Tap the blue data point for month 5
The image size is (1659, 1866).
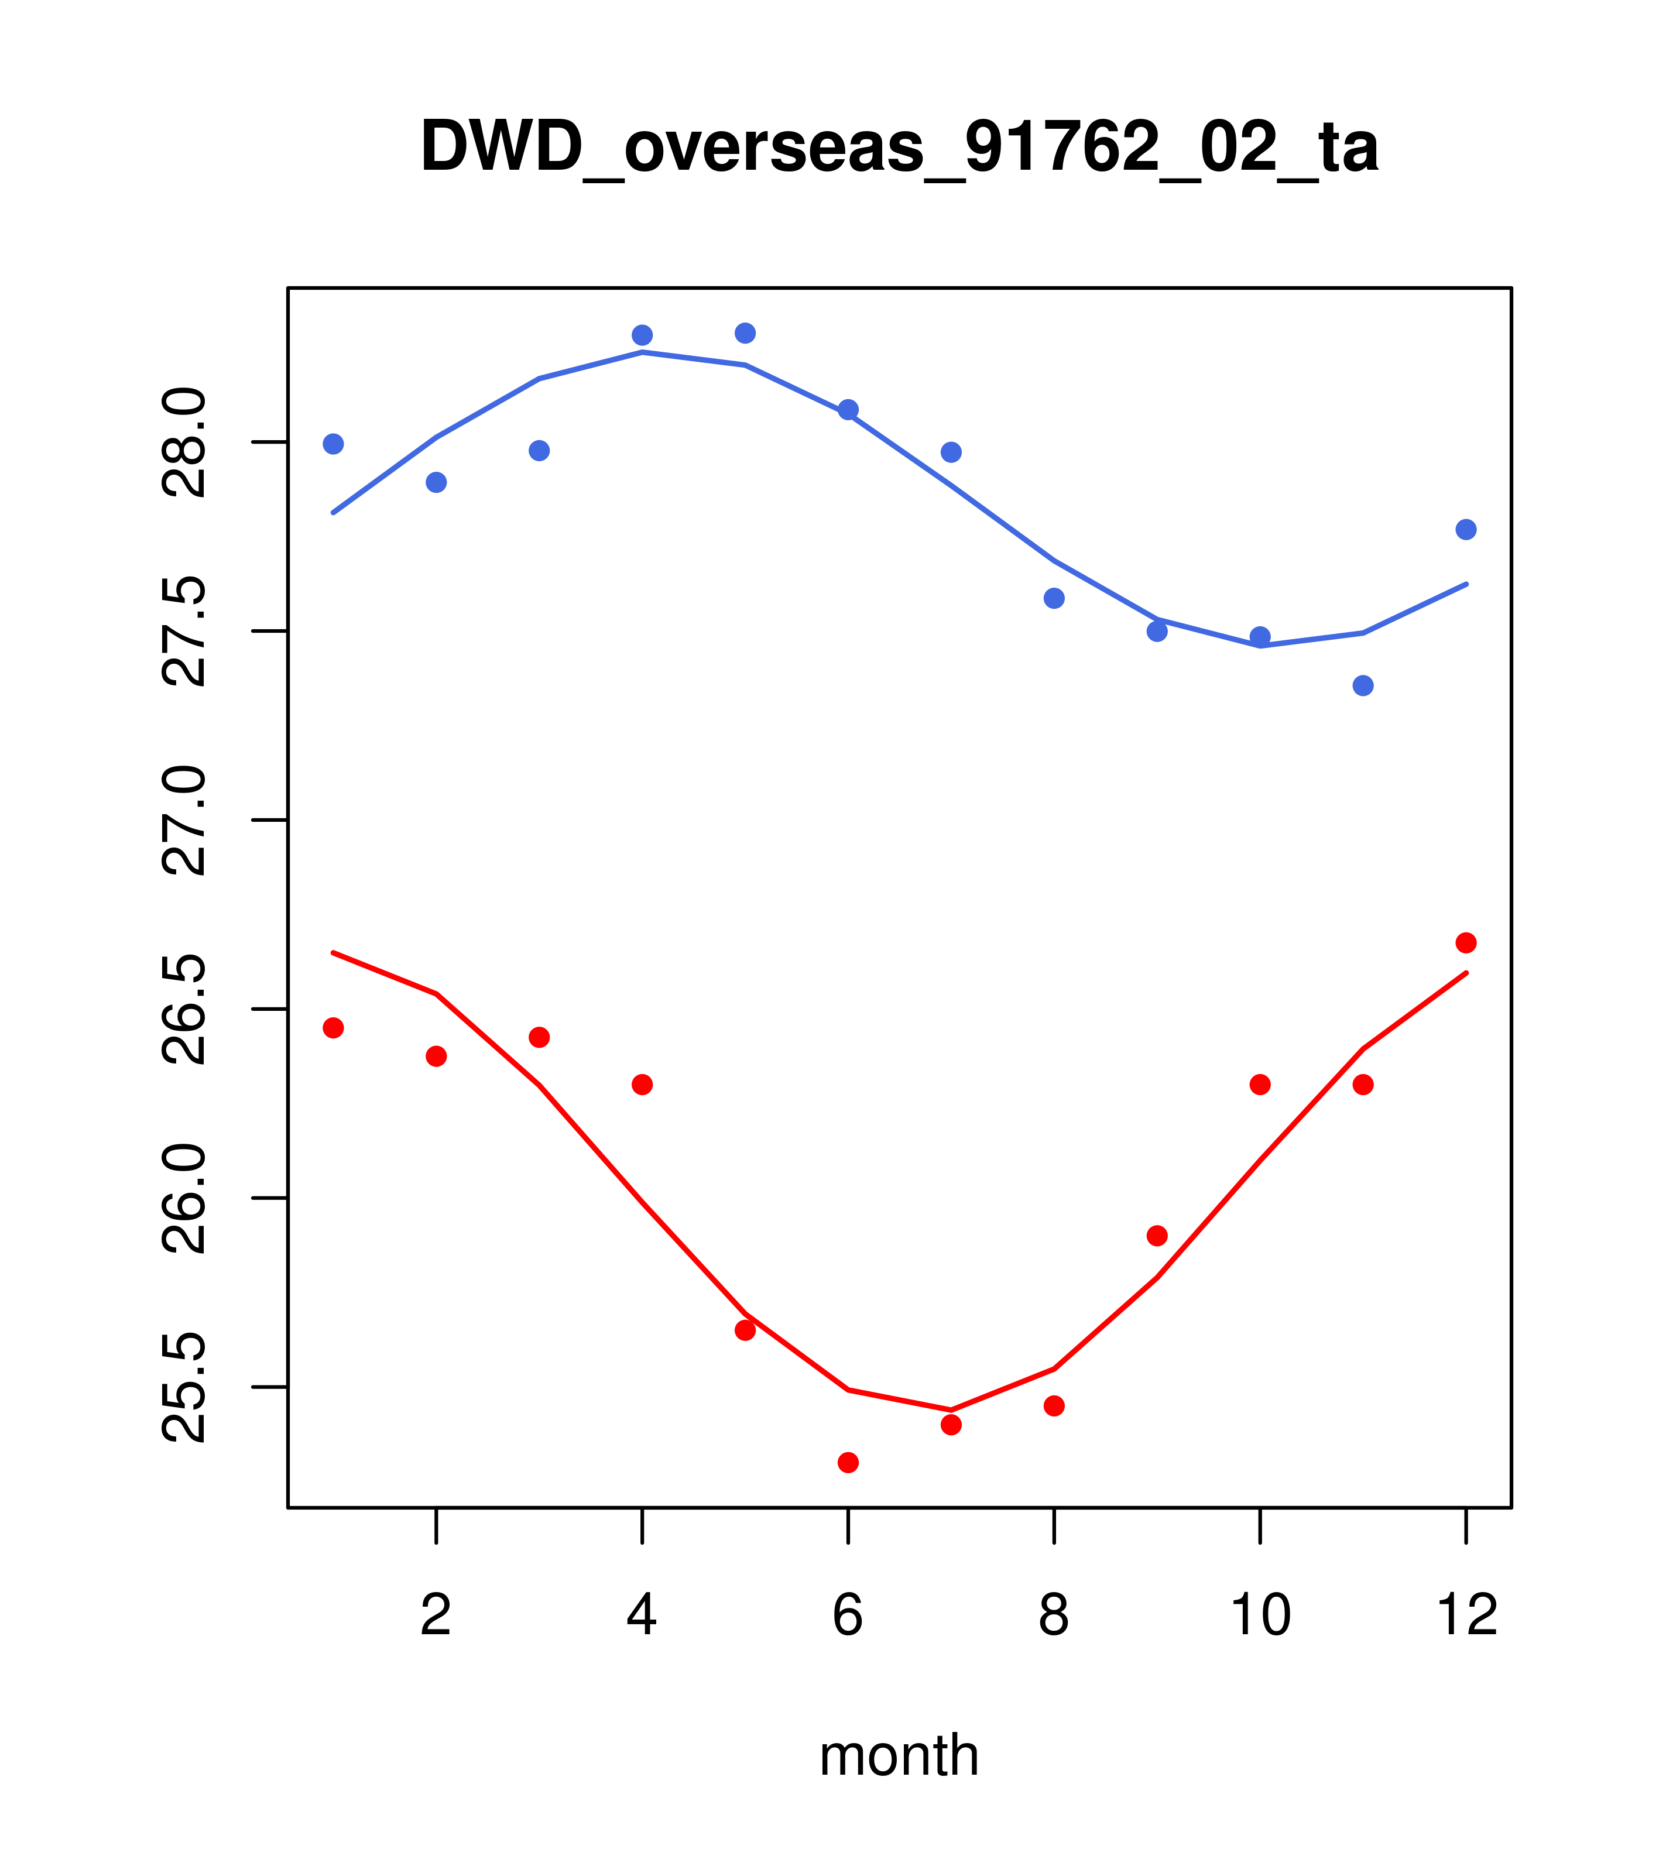click(745, 333)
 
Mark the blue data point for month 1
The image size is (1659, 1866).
click(333, 444)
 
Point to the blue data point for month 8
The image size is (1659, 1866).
click(1054, 598)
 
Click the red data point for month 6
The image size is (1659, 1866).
click(848, 1463)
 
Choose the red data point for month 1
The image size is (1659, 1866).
click(333, 1028)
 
